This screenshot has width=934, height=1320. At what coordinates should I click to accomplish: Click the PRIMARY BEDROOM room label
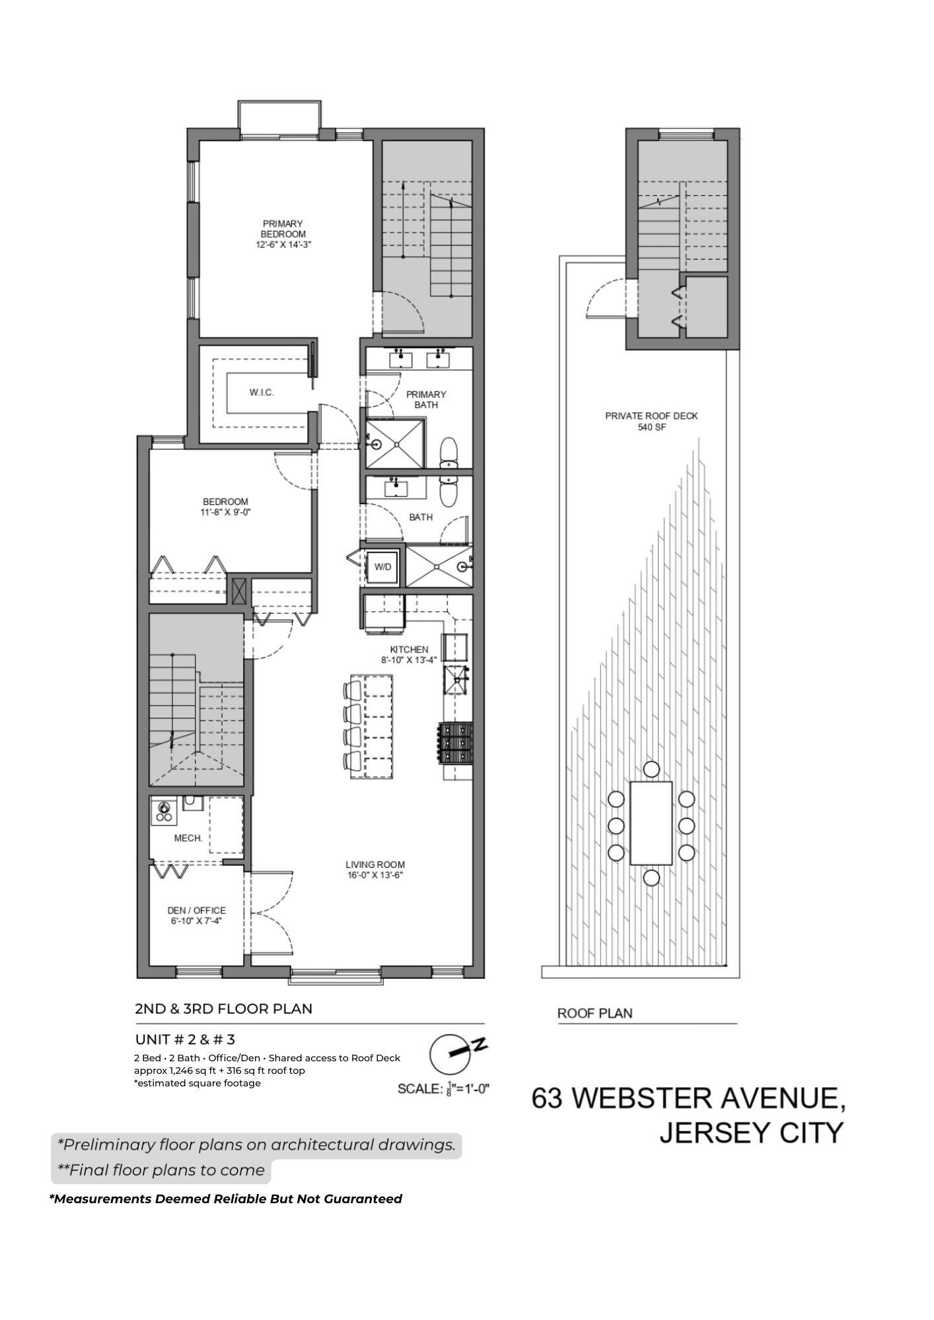click(283, 234)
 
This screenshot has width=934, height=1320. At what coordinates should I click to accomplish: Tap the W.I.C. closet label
click(262, 393)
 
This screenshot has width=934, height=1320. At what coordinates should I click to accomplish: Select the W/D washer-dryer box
click(382, 567)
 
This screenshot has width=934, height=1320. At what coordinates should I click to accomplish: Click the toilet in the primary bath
click(449, 453)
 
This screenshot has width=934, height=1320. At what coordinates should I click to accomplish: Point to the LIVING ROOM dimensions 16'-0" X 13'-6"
click(375, 876)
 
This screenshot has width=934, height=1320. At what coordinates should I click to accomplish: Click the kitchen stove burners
click(455, 742)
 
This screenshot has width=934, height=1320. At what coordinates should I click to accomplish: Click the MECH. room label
click(188, 838)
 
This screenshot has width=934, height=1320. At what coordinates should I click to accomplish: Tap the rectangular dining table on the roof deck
click(651, 823)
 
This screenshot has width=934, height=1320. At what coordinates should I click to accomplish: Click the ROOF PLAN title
click(595, 1013)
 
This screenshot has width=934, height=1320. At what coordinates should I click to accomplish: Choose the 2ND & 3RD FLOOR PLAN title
click(224, 1008)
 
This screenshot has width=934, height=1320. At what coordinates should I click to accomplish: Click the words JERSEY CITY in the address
click(752, 1133)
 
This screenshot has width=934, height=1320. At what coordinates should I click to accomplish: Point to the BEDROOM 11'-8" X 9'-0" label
click(226, 507)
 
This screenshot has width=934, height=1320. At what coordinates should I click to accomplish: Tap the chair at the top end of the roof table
click(651, 769)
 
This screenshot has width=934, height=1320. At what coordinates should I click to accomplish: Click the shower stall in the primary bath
click(396, 444)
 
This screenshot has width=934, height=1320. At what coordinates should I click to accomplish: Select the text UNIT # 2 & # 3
click(185, 1039)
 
